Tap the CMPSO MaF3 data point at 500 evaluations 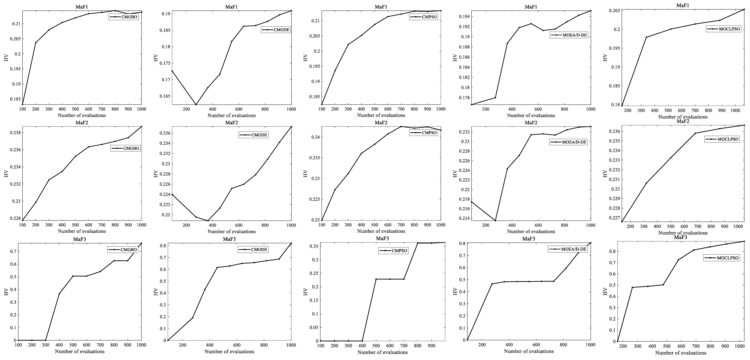pyautogui.click(x=376, y=279)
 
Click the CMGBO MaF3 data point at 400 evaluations pyautogui.click(x=59, y=294)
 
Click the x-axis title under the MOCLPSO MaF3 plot pyautogui.click(x=681, y=353)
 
